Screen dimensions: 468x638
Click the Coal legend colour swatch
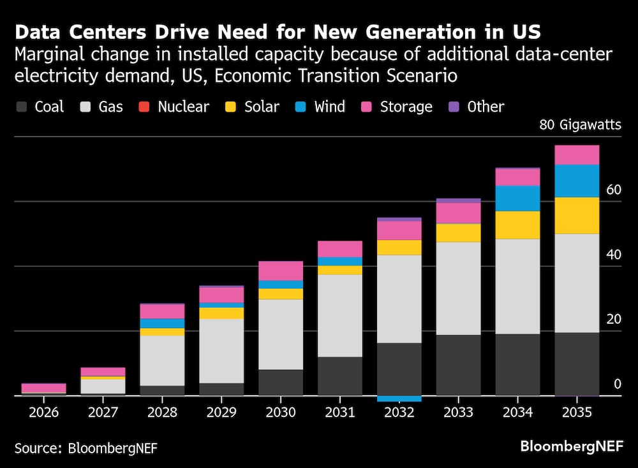22,107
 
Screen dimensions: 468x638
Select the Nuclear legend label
183,107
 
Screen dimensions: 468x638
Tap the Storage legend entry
406,107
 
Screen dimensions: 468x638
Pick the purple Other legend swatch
455,107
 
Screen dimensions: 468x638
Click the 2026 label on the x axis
44,412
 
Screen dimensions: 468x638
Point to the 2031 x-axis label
340,412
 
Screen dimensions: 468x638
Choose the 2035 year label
577,412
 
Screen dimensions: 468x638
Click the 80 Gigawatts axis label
580,125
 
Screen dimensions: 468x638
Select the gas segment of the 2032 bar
399,299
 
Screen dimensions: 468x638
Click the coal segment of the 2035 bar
577,364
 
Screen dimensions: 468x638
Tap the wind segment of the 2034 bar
517,198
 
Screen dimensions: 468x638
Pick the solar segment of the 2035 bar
577,215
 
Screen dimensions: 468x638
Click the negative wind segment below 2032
399,398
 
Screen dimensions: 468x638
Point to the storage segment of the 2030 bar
281,271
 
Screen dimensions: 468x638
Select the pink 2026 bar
44,388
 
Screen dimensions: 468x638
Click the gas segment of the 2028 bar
162,361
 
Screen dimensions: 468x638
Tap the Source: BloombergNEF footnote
85,448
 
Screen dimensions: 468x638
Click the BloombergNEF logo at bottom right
571,446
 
